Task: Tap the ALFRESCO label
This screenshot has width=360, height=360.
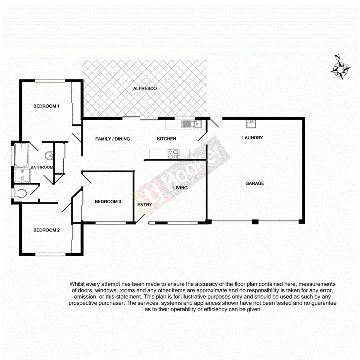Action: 145,88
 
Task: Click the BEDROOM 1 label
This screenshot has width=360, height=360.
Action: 46,106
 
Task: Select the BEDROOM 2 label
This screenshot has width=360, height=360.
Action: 46,230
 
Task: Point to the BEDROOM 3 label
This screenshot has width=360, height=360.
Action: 108,202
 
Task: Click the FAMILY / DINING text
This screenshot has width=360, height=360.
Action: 113,139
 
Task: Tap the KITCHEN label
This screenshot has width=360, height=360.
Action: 166,139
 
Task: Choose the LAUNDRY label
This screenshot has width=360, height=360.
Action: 253,138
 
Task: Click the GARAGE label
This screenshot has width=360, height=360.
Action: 255,183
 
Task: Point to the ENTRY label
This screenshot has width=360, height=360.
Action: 145,205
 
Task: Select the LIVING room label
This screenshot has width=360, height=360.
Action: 180,188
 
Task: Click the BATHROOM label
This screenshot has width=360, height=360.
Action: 42,167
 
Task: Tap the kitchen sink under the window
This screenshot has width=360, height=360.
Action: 192,124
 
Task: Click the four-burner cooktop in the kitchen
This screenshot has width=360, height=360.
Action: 173,154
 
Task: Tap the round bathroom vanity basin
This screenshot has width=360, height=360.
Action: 49,156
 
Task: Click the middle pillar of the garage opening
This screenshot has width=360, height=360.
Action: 255,222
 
